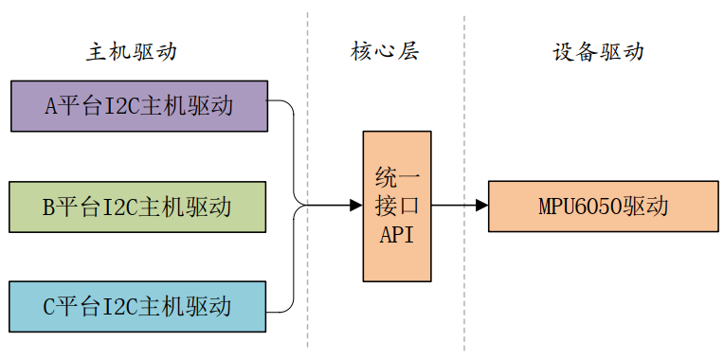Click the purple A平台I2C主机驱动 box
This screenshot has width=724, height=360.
coord(138,105)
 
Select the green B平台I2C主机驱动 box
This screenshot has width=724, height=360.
coord(138,206)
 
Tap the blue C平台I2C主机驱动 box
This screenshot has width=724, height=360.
coord(138,306)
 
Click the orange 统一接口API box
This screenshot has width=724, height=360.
coord(397,206)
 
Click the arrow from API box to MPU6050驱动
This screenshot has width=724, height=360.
coord(459,206)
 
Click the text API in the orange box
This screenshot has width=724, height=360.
coord(397,235)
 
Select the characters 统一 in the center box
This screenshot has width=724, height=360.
coord(397,177)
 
